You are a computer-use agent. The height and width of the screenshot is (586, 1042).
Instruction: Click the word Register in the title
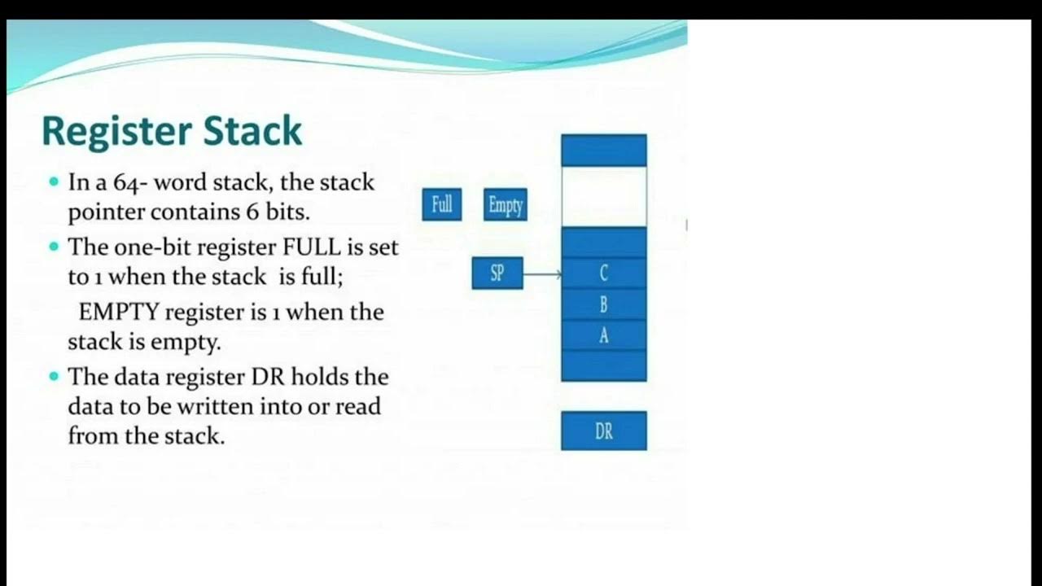click(x=116, y=132)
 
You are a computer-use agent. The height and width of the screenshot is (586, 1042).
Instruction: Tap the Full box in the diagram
click(x=442, y=204)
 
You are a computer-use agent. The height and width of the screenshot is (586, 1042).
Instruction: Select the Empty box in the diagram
click(x=506, y=205)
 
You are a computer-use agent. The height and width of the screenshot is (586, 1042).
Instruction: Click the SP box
click(x=497, y=273)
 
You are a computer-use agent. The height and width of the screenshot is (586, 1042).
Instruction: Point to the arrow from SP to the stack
click(x=542, y=274)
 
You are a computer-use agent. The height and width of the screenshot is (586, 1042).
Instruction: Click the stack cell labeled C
click(x=603, y=273)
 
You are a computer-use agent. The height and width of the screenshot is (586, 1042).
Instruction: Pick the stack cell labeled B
click(x=603, y=304)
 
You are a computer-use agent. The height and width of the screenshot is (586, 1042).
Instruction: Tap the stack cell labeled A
click(x=603, y=335)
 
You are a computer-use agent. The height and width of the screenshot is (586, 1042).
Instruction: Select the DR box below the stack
click(x=603, y=431)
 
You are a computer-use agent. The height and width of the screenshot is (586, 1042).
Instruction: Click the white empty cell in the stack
click(x=603, y=197)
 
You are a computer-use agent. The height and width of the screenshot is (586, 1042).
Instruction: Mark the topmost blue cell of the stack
click(x=603, y=151)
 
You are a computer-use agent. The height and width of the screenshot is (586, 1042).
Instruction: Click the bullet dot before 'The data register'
click(x=55, y=376)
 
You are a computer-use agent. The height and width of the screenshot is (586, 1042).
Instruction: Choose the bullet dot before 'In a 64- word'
click(x=55, y=181)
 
